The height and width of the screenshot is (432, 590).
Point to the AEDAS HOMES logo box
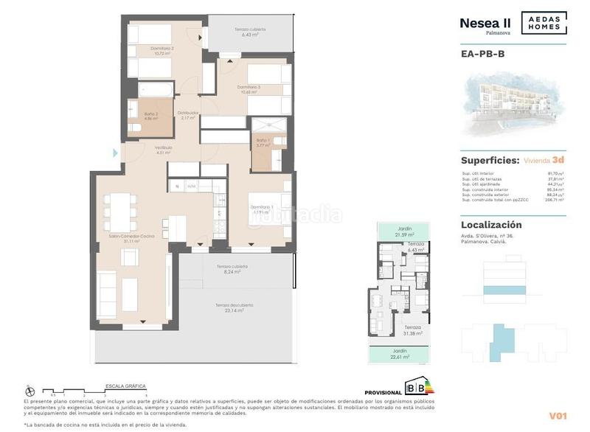544,24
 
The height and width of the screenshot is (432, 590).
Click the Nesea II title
485,23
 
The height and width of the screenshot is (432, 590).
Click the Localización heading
491,225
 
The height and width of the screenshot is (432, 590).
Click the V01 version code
557,415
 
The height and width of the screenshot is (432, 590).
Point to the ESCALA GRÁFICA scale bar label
126,386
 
